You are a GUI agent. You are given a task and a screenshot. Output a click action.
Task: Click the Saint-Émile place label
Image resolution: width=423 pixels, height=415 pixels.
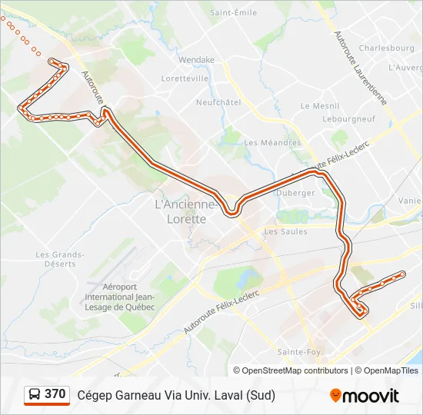coord(233,12)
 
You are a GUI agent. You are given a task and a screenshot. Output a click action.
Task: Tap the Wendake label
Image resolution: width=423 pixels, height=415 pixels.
coord(196,59)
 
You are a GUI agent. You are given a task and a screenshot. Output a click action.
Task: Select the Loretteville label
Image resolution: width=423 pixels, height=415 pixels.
coord(185,78)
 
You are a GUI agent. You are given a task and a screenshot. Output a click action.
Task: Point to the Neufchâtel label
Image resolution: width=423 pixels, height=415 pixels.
coord(218,102)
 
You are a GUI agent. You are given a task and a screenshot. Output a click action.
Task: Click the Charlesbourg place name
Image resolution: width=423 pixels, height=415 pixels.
coord(386,48)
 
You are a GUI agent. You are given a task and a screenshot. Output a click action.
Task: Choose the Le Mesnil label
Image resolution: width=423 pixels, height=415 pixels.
coord(315,106)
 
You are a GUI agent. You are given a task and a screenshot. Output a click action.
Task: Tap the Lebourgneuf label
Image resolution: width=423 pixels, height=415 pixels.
coord(348,119)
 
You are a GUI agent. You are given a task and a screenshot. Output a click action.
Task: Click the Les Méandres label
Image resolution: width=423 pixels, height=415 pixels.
coord(272,142)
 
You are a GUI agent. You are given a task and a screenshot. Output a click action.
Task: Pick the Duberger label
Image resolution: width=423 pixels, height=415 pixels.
coord(295,193)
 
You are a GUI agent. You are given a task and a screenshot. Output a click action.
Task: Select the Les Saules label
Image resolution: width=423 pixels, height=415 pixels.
coord(285,231)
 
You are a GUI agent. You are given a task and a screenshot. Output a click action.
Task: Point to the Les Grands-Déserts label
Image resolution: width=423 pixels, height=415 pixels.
coord(59,259)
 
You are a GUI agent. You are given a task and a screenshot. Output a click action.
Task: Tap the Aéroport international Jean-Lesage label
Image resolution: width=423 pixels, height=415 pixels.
coord(119,297)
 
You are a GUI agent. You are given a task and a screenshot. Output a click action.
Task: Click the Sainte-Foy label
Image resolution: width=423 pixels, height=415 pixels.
coord(298,351)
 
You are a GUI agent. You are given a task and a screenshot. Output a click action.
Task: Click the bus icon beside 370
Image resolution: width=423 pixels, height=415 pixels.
coord(35,394)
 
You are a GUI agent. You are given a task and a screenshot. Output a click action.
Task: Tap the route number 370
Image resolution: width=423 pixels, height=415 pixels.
coord(55,394)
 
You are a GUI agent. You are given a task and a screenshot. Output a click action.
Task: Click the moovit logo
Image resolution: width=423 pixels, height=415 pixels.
coord(364,396)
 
